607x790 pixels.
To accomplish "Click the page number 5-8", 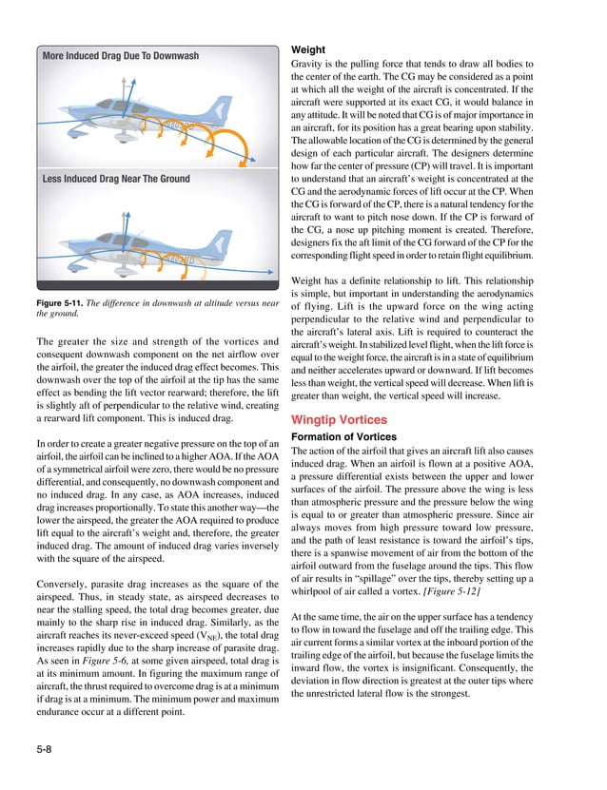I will [42, 750].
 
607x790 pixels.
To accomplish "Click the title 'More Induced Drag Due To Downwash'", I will [121, 56].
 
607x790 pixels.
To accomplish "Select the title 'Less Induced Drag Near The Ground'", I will [116, 179].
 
